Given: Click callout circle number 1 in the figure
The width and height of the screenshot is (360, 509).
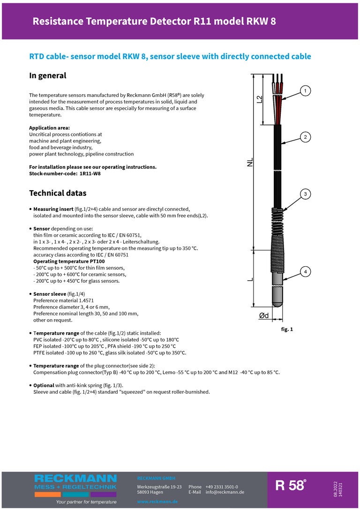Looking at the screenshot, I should tap(305, 90).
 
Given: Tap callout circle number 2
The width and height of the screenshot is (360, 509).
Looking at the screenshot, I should tap(305, 137).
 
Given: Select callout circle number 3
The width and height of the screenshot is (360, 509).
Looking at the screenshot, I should tap(305, 194).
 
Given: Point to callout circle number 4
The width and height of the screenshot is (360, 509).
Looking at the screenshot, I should tap(305, 272).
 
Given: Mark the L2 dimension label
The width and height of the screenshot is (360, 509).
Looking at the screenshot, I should tap(259, 99).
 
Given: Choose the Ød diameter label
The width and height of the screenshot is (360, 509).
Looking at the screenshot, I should tap(264, 316).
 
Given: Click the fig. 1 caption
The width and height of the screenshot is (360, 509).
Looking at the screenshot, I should tap(287, 329).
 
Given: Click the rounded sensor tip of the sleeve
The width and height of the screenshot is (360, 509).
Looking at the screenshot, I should tap(277, 300).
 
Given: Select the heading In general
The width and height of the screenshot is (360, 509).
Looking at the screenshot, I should tap(48, 75).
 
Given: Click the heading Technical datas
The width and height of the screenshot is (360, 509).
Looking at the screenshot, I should tap(58, 193).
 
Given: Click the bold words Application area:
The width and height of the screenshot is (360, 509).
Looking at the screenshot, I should tap(49, 128).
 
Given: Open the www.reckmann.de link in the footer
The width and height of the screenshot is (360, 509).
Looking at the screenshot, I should tap(157, 502).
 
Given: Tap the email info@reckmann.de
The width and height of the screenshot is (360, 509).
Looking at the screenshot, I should tap(225, 492).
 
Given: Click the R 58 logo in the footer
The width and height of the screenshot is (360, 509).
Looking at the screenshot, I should tap(291, 486).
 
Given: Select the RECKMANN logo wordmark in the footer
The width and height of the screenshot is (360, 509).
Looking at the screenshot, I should tap(75, 479).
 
